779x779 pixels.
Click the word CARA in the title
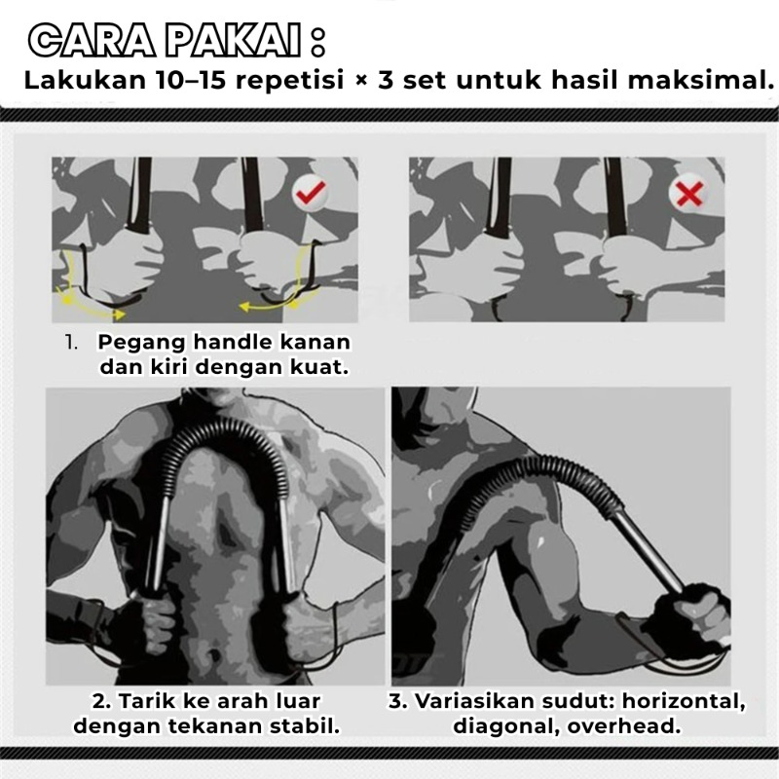[92, 41]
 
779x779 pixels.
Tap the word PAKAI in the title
[233, 41]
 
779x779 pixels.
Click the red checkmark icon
[310, 192]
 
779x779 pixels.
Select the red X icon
[689, 193]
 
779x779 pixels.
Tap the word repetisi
[289, 81]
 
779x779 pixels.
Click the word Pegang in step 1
[141, 343]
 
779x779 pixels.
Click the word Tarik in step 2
[147, 700]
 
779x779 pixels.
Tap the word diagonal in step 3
[505, 725]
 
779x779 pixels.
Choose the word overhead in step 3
[623, 725]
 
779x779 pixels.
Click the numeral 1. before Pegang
[71, 343]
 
